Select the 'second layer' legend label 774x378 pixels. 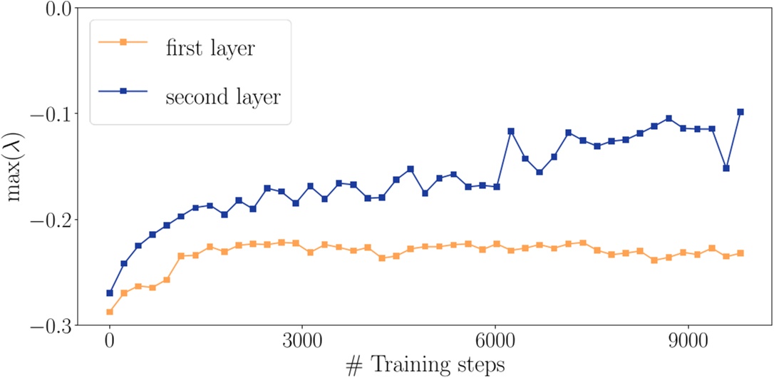223,97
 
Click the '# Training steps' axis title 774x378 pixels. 425,365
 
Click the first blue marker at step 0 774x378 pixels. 110,293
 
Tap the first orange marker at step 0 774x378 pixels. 110,312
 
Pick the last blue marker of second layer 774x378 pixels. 741,112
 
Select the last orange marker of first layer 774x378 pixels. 741,253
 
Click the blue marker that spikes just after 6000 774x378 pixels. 511,131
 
